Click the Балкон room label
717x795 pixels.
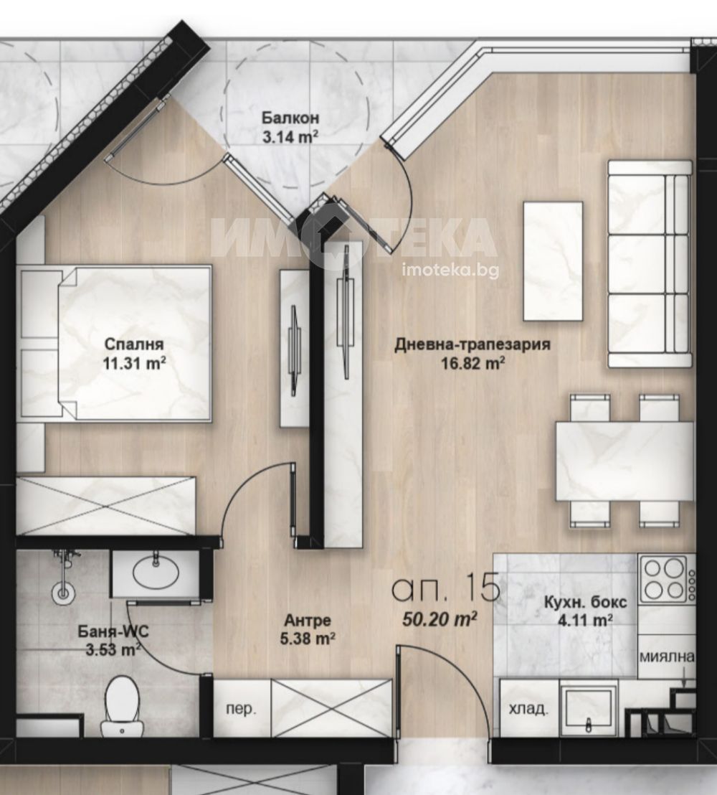[x=290, y=118]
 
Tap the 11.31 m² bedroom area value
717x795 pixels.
[x=134, y=364]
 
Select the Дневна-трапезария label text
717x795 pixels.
[x=473, y=345]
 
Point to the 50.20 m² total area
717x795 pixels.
[x=440, y=619]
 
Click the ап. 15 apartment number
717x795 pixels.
[x=447, y=588]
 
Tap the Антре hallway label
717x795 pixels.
[x=307, y=620]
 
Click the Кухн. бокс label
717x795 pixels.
[x=585, y=602]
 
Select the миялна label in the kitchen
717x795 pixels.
[x=667, y=657]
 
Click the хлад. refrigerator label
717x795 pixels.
[x=528, y=708]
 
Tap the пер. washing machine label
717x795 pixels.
[x=241, y=710]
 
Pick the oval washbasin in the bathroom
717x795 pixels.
[x=156, y=573]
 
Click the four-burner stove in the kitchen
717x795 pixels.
[x=664, y=578]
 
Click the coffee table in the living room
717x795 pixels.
[x=553, y=261]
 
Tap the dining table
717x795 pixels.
[x=625, y=461]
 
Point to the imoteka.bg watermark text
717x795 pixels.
[x=450, y=271]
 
